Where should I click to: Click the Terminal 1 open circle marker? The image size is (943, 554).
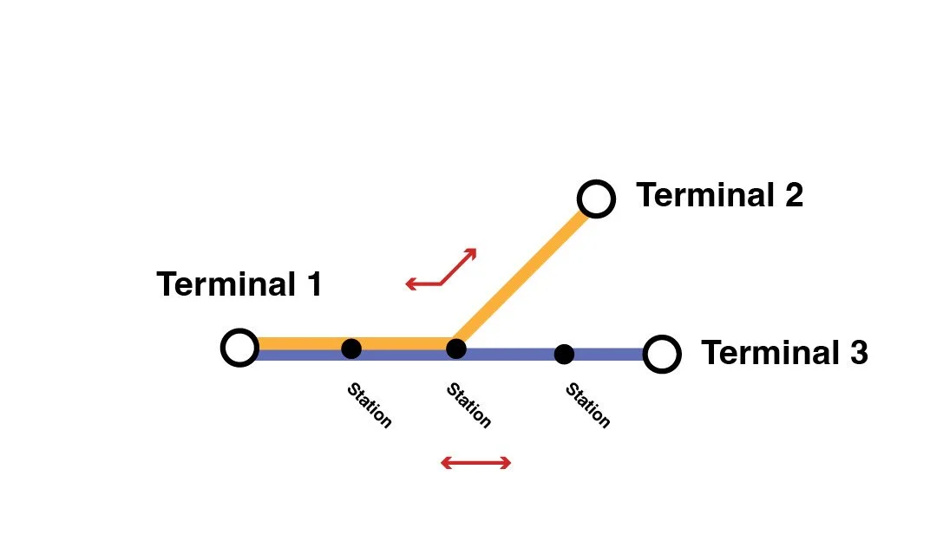pyautogui.click(x=239, y=348)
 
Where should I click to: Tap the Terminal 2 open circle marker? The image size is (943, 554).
pyautogui.click(x=596, y=199)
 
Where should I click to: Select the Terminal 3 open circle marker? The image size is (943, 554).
pyautogui.click(x=662, y=354)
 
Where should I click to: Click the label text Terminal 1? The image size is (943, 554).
pyautogui.click(x=239, y=284)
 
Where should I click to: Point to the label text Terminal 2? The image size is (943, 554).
pyautogui.click(x=719, y=195)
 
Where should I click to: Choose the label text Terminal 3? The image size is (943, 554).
pyautogui.click(x=784, y=353)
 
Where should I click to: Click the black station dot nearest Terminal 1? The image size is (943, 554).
pyautogui.click(x=351, y=349)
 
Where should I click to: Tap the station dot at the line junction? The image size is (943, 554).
pyautogui.click(x=456, y=349)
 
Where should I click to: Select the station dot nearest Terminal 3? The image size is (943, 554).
pyautogui.click(x=564, y=354)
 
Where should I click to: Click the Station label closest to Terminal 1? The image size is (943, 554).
pyautogui.click(x=370, y=405)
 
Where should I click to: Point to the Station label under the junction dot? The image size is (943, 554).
pyautogui.click(x=468, y=406)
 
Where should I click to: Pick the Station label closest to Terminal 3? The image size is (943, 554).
pyautogui.click(x=588, y=406)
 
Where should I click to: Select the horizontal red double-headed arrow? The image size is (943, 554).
pyautogui.click(x=476, y=463)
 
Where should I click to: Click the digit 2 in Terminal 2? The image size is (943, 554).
pyautogui.click(x=793, y=195)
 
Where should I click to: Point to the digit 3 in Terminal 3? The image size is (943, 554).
pyautogui.click(x=857, y=353)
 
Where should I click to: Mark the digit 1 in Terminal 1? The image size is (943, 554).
pyautogui.click(x=313, y=284)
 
